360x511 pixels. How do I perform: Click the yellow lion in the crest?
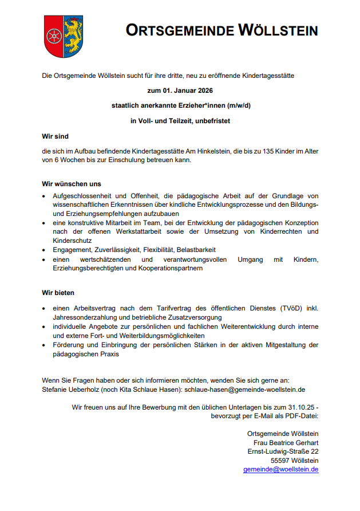tap(73, 34)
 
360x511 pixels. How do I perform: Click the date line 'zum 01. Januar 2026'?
tap(180, 91)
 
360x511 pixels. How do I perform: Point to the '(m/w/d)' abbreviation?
tap(235, 106)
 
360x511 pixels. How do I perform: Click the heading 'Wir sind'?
tap(55, 136)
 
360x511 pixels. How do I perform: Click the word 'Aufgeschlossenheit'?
tap(80, 196)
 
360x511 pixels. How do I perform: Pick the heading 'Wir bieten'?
tap(58, 293)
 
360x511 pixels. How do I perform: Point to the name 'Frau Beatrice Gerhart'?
tap(286, 442)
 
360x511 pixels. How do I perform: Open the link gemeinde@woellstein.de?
tap(280, 469)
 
